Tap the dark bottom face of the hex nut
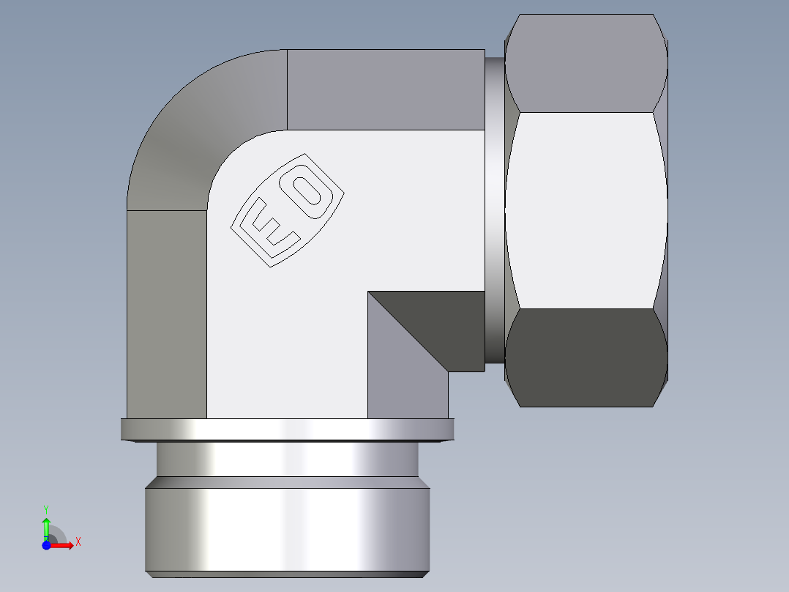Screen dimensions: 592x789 pyautogui.click(x=586, y=357)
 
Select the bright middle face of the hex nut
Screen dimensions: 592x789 pyautogui.click(x=586, y=210)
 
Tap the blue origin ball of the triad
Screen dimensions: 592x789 pyautogui.click(x=46, y=545)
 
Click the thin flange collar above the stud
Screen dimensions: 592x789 pyautogui.click(x=287, y=429)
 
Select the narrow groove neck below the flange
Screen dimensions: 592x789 pyautogui.click(x=287, y=459)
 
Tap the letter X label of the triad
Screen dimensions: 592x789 pyautogui.click(x=78, y=542)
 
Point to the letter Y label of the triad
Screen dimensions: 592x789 pyautogui.click(x=46, y=508)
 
